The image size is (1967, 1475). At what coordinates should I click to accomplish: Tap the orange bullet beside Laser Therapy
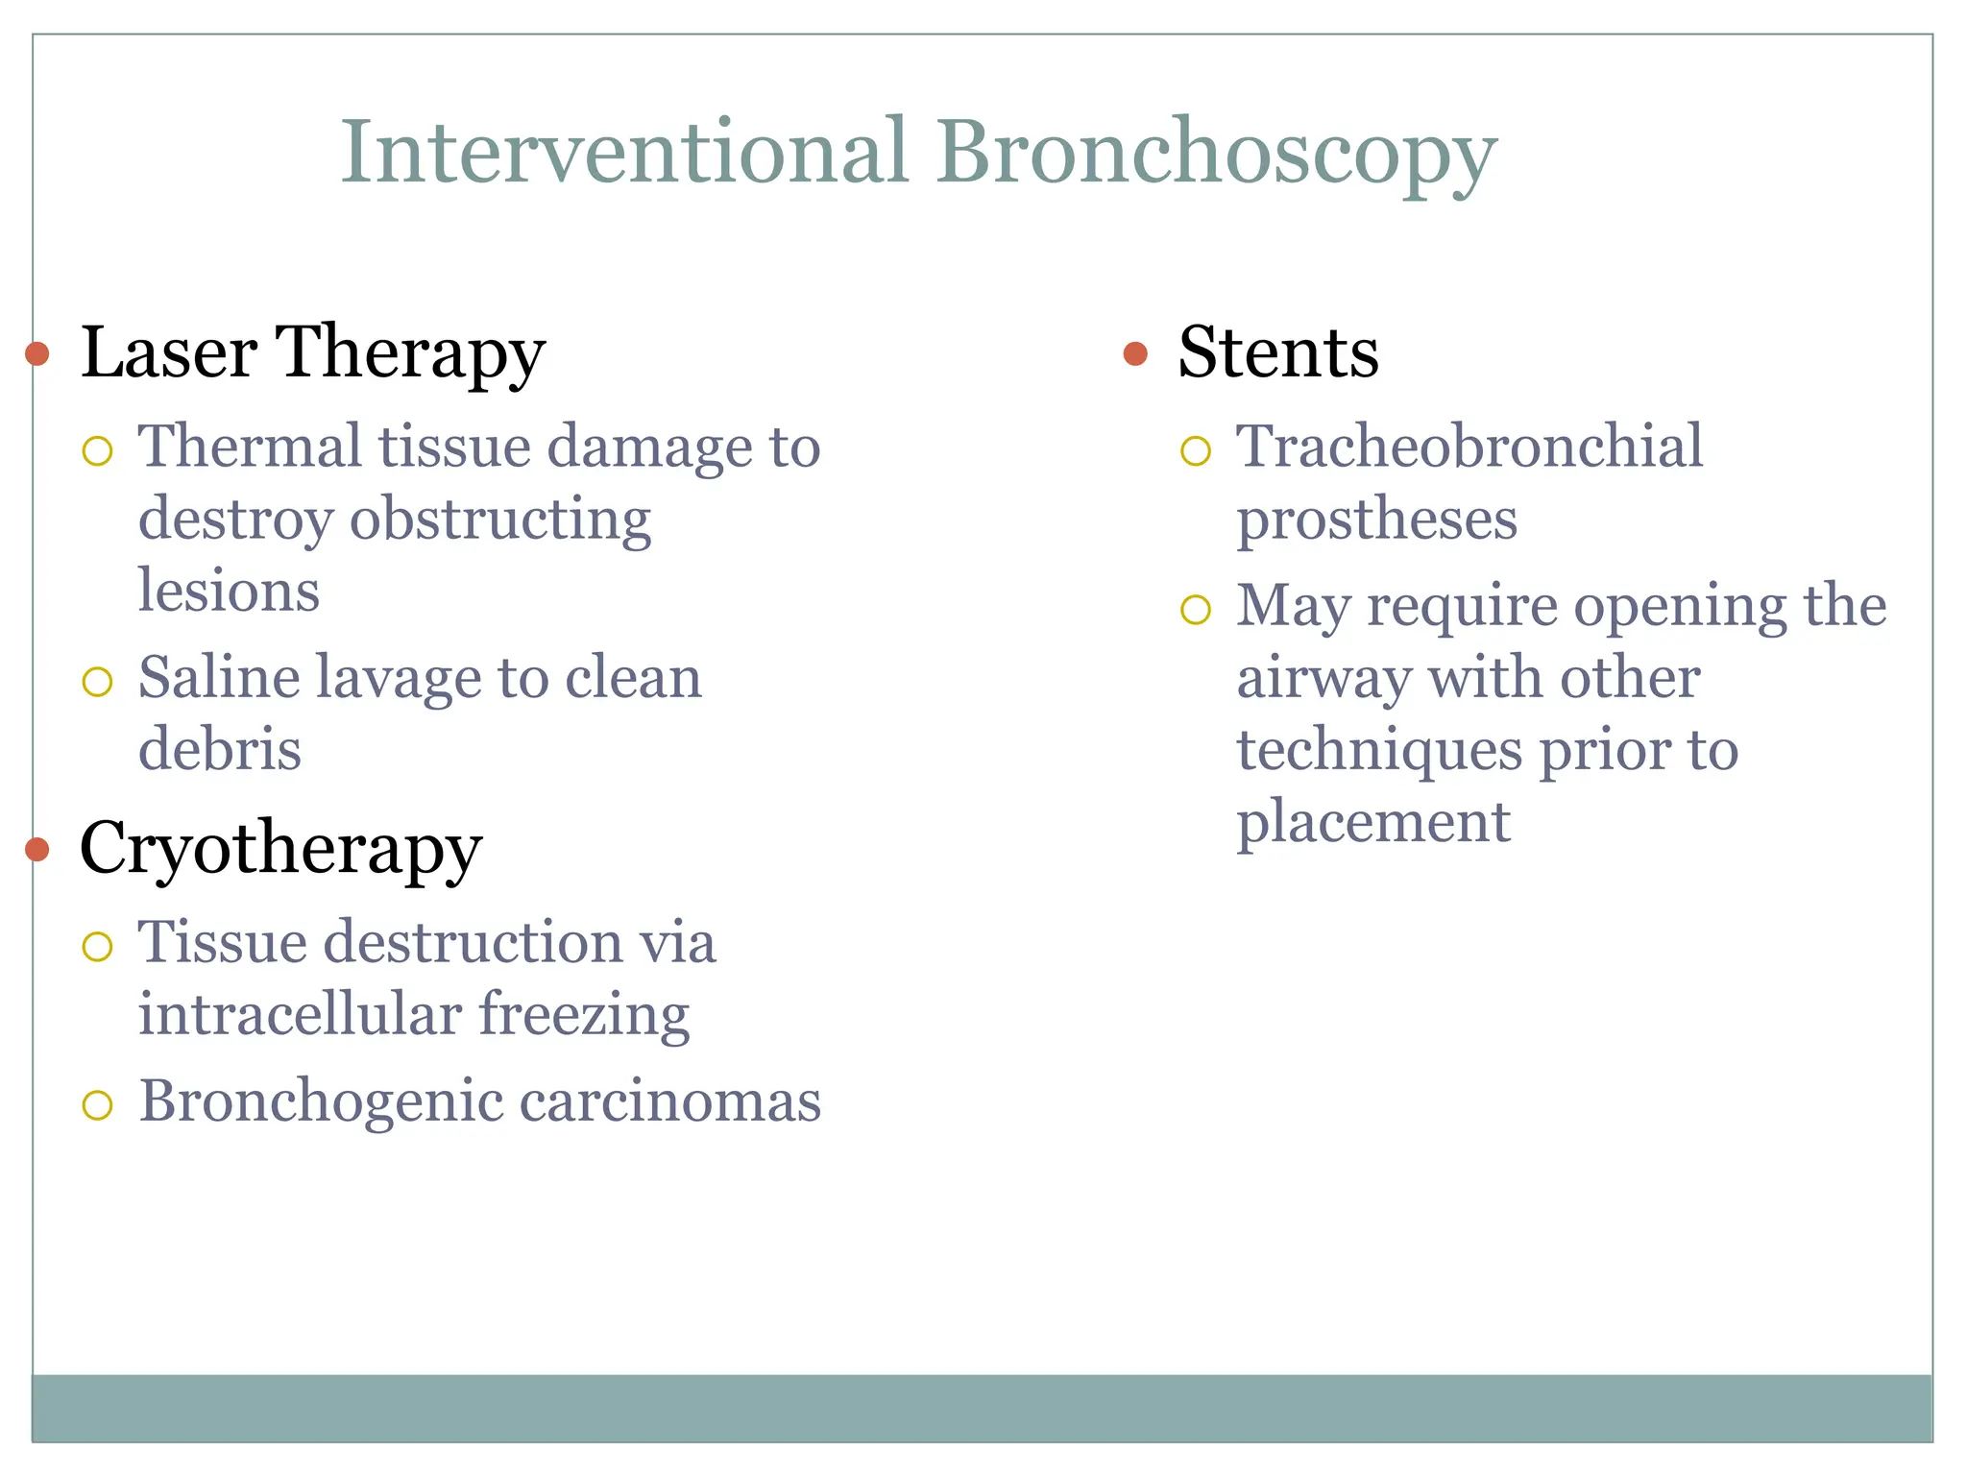(37, 353)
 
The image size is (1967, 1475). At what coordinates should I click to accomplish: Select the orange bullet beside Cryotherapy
(37, 849)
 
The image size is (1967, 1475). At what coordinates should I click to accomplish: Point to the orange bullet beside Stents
(1135, 353)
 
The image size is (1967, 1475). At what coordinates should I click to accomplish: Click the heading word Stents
(1278, 352)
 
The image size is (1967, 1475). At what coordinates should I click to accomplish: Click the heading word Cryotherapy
(280, 849)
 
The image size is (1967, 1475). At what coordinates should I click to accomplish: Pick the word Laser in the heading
(169, 352)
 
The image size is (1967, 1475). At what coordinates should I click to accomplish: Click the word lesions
(229, 591)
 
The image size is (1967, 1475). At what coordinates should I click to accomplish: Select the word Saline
(219, 678)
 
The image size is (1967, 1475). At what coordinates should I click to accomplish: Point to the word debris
(220, 750)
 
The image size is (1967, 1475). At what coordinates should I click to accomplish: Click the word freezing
(584, 1015)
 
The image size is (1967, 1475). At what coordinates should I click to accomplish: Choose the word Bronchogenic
(321, 1101)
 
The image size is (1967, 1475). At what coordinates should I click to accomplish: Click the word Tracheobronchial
(1469, 447)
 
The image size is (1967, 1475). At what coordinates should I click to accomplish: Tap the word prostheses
(1376, 520)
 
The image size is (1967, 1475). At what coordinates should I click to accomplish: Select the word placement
(1373, 823)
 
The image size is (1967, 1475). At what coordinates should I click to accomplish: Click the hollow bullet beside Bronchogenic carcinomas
(98, 1104)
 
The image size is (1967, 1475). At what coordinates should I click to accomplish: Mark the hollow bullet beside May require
(1196, 609)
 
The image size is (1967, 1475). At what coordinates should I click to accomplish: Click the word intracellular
(300, 1014)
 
